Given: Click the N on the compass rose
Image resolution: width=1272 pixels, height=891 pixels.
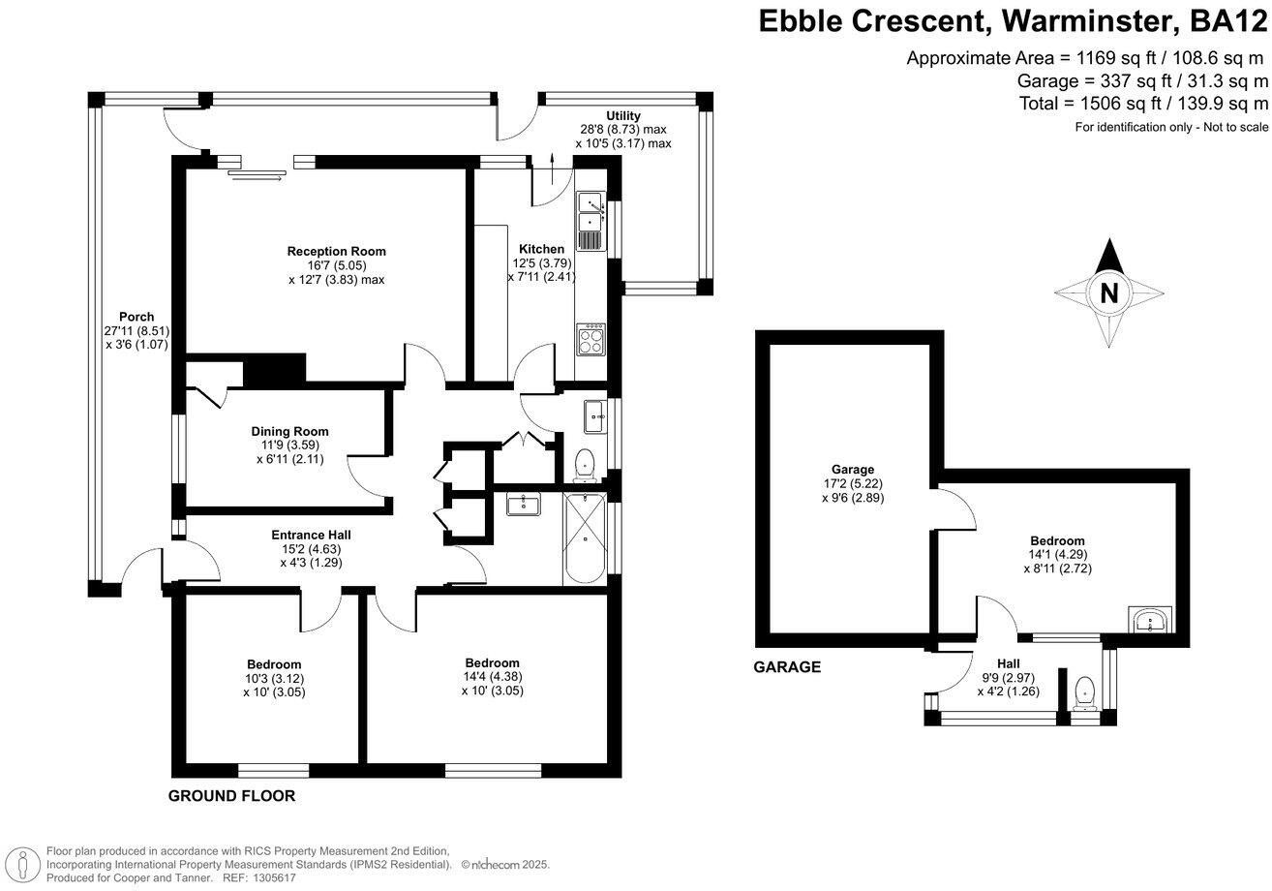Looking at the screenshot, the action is tap(1109, 293).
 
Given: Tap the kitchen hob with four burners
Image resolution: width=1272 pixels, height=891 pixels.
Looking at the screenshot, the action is tap(591, 339).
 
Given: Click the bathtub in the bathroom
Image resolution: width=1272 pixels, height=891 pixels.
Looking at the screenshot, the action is tap(585, 538).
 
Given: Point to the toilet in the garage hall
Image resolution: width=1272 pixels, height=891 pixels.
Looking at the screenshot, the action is tap(1084, 693).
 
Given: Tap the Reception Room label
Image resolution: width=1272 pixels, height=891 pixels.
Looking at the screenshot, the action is tap(336, 251).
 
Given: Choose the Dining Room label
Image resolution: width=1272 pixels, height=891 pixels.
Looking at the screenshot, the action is tap(289, 431).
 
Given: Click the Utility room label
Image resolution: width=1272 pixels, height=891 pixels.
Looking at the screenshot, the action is tap(623, 116).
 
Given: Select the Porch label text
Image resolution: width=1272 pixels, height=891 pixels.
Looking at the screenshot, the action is tap(136, 317).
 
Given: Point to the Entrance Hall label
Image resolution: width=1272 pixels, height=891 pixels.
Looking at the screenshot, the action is tap(311, 535).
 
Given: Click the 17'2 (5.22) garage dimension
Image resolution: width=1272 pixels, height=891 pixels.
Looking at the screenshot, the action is tap(852, 483).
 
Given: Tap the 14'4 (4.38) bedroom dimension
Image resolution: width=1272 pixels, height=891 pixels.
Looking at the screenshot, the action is tap(492, 677).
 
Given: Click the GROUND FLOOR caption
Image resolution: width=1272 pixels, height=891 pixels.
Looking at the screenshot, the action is tap(231, 796).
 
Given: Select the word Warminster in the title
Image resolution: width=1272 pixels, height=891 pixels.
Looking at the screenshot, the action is tap(1083, 21).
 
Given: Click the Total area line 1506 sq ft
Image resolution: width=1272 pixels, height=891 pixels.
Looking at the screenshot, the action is tap(1143, 104).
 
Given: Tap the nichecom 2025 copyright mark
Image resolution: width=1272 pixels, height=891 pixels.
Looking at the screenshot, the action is tap(504, 865).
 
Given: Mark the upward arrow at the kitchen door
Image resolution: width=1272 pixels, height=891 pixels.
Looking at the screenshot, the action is tap(553, 169).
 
